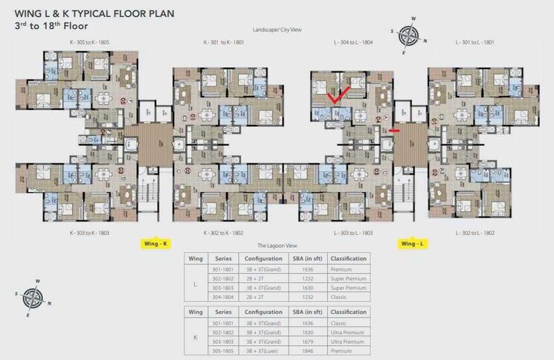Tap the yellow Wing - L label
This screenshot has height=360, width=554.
(413, 243)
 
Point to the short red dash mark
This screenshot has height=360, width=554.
(394, 129)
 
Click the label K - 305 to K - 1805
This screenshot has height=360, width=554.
(89, 42)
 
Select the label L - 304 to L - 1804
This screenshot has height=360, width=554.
(353, 42)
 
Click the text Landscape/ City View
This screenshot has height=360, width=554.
(277, 29)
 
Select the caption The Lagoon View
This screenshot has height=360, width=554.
(277, 245)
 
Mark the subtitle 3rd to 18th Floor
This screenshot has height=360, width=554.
(51, 25)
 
